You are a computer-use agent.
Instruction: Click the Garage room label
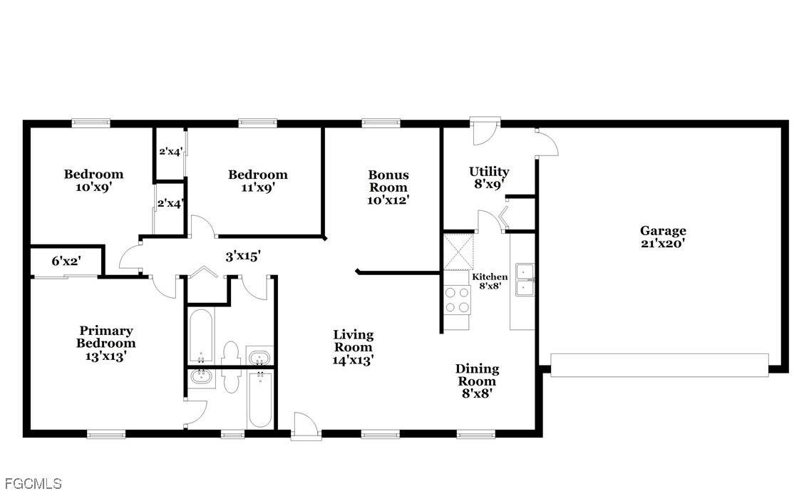[662, 231]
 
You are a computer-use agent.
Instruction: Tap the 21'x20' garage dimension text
[662, 244]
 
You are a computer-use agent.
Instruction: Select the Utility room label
[489, 172]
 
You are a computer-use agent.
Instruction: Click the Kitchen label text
[490, 277]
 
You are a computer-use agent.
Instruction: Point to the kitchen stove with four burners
[457, 299]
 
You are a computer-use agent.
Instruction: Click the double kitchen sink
[525, 279]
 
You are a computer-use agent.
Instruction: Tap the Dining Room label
[477, 375]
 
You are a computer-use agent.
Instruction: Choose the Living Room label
[354, 341]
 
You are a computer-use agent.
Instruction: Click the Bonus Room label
[388, 181]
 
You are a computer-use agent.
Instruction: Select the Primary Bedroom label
[106, 337]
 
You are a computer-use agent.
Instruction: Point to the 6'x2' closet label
[66, 261]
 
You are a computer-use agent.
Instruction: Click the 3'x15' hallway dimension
[243, 256]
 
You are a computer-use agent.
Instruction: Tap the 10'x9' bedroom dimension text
[94, 187]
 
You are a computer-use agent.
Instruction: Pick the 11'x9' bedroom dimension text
[259, 187]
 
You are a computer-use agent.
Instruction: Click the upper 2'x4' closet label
[170, 152]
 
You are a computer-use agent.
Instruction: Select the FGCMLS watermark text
[33, 483]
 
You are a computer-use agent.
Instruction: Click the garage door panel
[659, 365]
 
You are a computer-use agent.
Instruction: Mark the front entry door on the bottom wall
[306, 425]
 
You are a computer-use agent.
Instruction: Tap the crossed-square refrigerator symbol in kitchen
[458, 252]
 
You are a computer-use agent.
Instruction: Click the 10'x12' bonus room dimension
[388, 200]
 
